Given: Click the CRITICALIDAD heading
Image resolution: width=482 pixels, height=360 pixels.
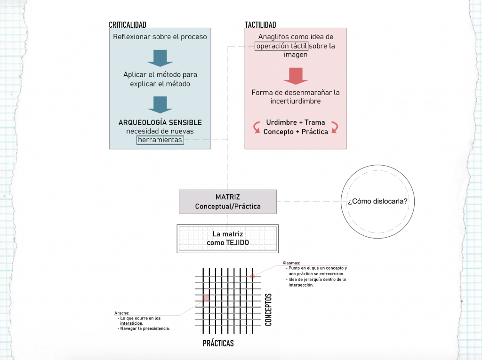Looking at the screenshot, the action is pos(128,24).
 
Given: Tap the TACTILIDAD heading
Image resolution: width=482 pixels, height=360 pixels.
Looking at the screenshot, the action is pos(260,24).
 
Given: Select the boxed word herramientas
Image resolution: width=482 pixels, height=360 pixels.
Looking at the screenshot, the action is pos(160,140).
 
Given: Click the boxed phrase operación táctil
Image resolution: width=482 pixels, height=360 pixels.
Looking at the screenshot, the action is pos(281,46).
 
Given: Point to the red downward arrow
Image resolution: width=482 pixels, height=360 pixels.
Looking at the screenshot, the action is pos(296,76).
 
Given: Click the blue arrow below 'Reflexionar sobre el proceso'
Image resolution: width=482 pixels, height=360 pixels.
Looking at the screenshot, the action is pos(160,58).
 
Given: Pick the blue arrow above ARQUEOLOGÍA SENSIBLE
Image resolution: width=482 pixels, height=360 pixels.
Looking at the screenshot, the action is pos(160,105).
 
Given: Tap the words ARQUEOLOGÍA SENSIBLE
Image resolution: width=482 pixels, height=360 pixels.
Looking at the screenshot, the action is pos(160,122).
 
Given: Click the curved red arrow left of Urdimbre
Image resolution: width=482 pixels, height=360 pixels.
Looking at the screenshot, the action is pos(257,127).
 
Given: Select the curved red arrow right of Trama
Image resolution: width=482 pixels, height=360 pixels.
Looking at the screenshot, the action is pos(335,127).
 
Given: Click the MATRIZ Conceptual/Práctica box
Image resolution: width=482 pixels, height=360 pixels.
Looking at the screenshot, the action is pos(228,202).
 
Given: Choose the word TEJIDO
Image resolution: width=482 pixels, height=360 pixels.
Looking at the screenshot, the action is pos(237,242).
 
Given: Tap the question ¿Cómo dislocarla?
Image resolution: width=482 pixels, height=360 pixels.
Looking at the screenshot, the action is pos(378,201).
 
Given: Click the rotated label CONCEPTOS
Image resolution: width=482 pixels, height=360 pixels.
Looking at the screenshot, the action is pos(268,310).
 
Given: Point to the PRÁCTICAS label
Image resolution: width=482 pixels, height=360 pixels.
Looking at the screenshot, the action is pos(218,343).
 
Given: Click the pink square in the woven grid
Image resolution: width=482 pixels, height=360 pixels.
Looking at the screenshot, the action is pos(206,297).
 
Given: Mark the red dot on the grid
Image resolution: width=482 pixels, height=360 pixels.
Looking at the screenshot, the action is pos(252,276).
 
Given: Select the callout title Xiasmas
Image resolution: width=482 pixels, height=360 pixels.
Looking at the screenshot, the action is pos(291,263).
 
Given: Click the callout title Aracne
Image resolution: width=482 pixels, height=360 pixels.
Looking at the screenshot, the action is pos(122,313).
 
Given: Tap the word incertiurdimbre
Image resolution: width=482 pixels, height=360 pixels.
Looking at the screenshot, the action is pos(296,101).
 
